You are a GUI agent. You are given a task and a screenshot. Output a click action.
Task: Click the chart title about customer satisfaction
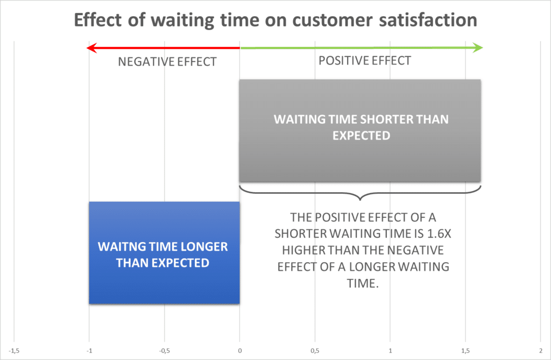click(x=275, y=20)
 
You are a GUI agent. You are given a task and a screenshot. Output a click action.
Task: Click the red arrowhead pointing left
click(x=91, y=48)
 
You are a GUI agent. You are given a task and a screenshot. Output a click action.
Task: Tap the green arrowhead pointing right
click(x=478, y=48)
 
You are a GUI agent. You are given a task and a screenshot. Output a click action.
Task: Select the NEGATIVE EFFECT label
click(x=167, y=62)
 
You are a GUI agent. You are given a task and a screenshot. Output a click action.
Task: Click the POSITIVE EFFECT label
click(x=364, y=61)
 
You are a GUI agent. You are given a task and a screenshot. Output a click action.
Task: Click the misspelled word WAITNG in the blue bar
click(x=118, y=247)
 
